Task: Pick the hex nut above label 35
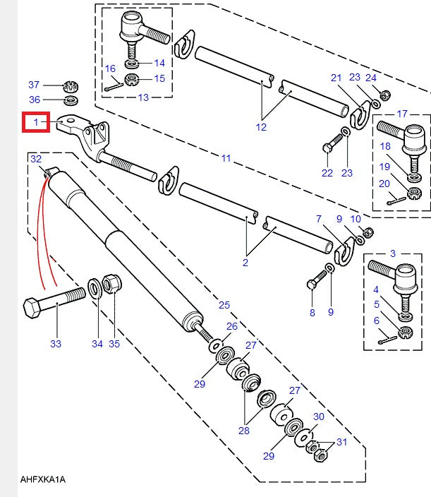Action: [111, 285]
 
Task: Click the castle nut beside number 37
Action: [71, 87]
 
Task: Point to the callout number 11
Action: [225, 159]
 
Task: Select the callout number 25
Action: [224, 304]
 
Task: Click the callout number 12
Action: [262, 127]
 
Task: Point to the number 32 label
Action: [36, 159]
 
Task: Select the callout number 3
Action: [393, 252]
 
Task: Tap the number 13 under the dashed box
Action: [143, 97]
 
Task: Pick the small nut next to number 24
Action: [385, 95]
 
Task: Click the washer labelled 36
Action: [71, 100]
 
